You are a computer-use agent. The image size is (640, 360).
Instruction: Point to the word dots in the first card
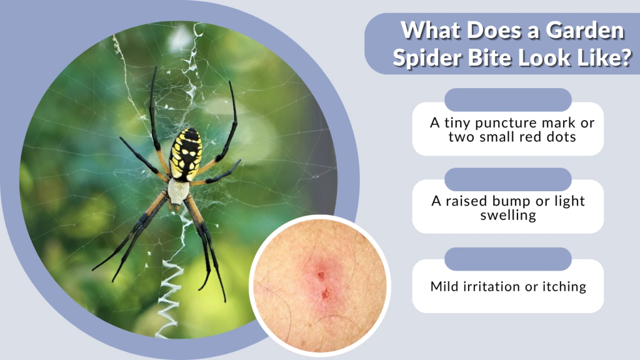560,137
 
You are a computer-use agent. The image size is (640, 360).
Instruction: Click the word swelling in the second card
507,216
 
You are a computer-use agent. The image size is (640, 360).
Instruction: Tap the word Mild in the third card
444,287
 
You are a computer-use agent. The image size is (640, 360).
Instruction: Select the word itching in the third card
562,287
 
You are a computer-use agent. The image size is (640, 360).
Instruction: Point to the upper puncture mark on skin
321,274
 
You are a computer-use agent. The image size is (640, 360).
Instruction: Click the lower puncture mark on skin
326,292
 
